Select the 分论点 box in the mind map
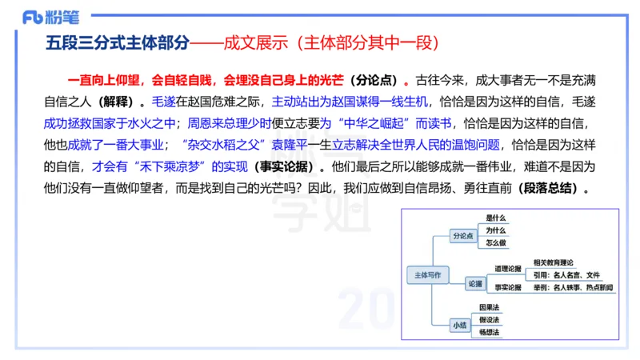tap(463, 236)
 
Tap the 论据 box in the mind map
tap(475, 282)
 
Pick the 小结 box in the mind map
tap(459, 325)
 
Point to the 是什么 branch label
tap(496, 218)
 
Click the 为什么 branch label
tap(496, 231)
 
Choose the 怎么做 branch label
tap(496, 243)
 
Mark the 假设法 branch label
tap(490, 320)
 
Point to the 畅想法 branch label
tap(490, 332)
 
